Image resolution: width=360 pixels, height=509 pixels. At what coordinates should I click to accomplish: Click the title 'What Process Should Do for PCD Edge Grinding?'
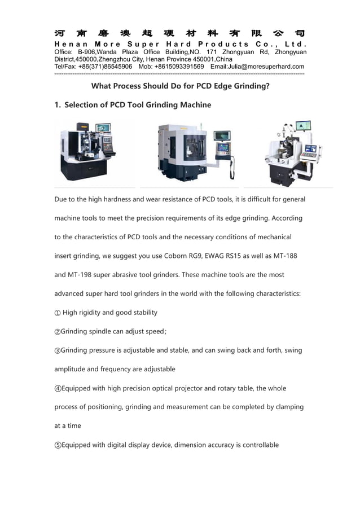pyautogui.click(x=180, y=86)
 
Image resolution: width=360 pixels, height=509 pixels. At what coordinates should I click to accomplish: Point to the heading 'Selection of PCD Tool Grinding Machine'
pyautogui.click(x=138, y=105)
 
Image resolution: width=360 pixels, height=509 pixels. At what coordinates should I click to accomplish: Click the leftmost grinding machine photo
pyautogui.click(x=89, y=151)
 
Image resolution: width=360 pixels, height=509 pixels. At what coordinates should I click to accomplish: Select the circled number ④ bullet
pyautogui.click(x=58, y=389)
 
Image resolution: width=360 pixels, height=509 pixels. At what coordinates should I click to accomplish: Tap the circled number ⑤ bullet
pyautogui.click(x=58, y=445)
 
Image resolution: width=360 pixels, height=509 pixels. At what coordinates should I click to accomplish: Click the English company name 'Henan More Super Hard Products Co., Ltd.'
pyautogui.click(x=180, y=44)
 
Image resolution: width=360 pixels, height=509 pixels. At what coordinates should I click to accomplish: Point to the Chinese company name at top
pyautogui.click(x=180, y=33)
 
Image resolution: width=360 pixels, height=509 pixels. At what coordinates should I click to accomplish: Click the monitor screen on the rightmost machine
pyautogui.click(x=304, y=126)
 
